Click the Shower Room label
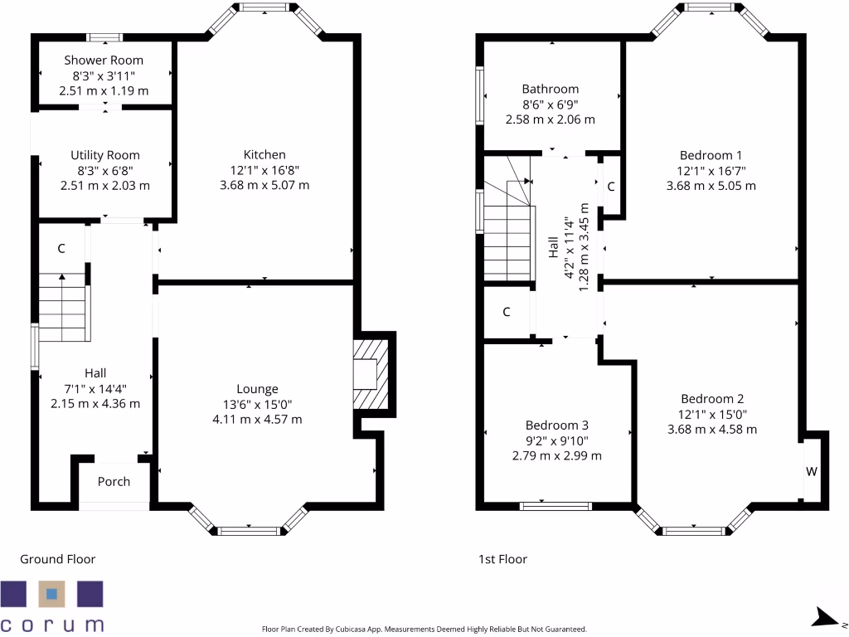(x=104, y=61)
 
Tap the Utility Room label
(x=105, y=155)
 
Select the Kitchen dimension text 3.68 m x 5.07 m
(x=264, y=185)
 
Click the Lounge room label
(x=257, y=389)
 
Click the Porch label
(x=114, y=482)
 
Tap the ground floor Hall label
(x=95, y=373)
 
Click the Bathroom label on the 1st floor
(x=551, y=89)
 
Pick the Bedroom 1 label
(x=711, y=155)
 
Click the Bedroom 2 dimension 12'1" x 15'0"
(x=711, y=414)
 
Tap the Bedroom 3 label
(x=556, y=425)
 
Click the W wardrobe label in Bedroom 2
(x=812, y=472)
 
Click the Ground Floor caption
(x=58, y=559)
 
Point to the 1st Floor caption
(x=502, y=559)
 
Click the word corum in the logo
(x=53, y=624)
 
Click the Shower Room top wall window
(x=105, y=36)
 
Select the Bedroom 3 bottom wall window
(x=555, y=505)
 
